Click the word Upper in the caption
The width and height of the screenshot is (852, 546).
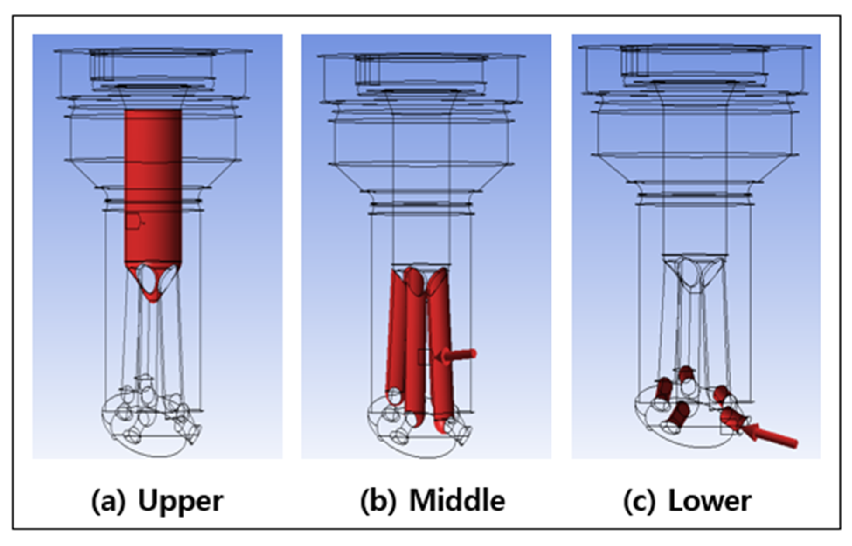[180, 501]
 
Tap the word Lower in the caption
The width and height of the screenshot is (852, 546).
[710, 501]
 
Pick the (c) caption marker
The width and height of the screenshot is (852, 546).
[639, 501]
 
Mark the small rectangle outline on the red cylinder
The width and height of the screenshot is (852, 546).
[133, 222]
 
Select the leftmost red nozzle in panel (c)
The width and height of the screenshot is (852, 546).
[663, 388]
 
